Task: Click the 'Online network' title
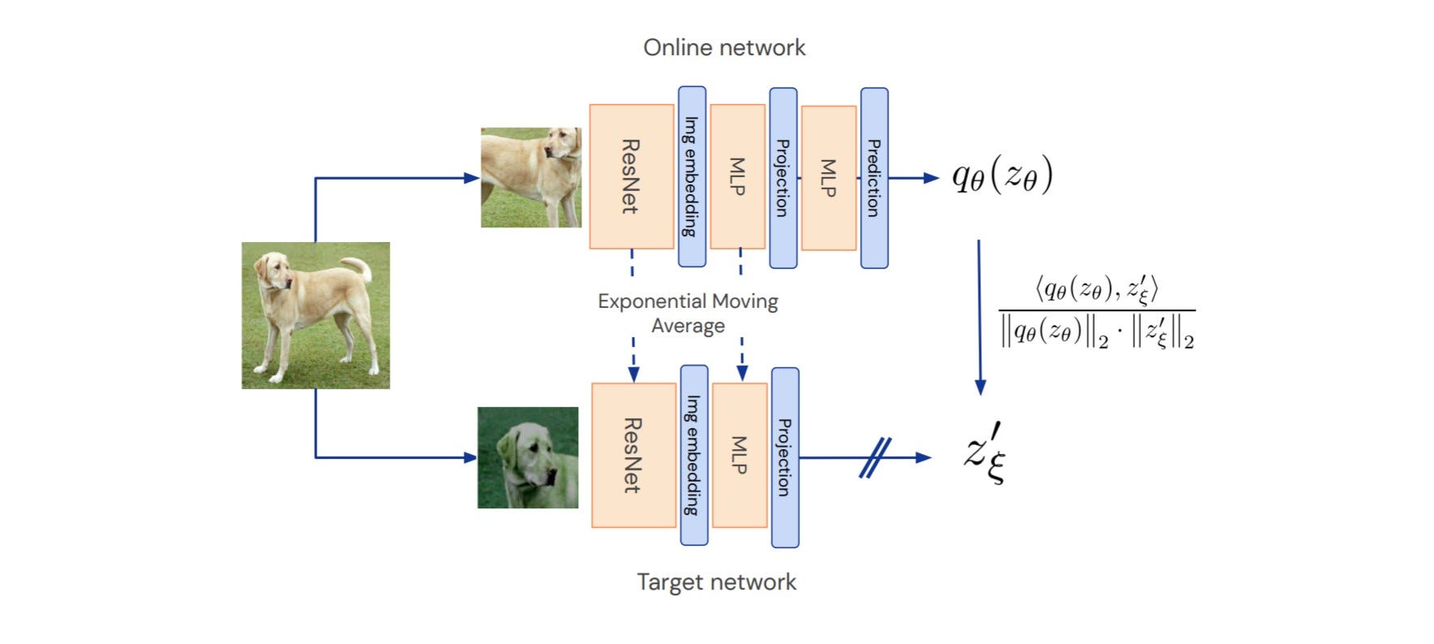723,48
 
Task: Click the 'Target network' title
716,582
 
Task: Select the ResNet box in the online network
631,176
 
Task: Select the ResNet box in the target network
633,455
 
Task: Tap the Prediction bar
874,178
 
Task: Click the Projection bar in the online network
783,178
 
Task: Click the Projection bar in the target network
784,457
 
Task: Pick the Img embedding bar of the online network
691,176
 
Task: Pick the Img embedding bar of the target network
693,455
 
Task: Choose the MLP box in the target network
739,455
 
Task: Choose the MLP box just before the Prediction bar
828,178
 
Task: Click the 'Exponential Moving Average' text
688,313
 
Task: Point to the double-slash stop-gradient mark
875,457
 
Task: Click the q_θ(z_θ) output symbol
1002,176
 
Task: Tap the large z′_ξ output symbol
985,453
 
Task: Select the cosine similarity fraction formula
1096,313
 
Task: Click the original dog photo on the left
315,315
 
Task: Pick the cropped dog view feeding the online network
530,177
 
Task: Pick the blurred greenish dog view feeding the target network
528,457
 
